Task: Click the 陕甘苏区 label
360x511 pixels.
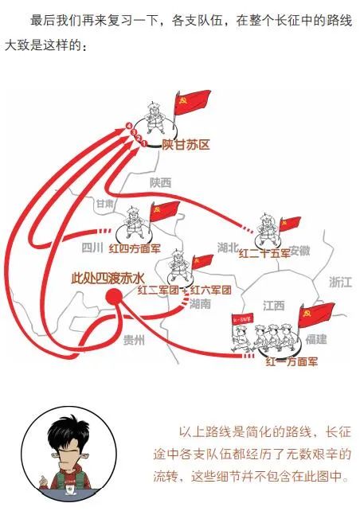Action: [186, 145]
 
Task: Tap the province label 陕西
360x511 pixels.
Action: [160, 183]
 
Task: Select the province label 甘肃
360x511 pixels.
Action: [105, 204]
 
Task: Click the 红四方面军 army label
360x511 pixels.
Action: [135, 248]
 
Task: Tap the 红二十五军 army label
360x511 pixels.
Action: [264, 253]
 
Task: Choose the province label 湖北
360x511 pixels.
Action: [228, 248]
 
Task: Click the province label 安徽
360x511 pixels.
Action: [299, 251]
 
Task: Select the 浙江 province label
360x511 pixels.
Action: [341, 283]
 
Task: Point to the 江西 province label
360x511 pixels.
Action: [274, 306]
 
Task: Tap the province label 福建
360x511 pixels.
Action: [316, 339]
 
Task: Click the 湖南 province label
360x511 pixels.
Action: [200, 304]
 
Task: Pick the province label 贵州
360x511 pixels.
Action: [134, 341]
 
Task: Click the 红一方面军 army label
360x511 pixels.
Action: [292, 361]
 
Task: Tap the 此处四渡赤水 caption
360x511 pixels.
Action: [108, 279]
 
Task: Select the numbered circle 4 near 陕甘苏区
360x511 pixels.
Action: [129, 126]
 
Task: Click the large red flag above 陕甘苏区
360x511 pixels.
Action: [193, 101]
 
